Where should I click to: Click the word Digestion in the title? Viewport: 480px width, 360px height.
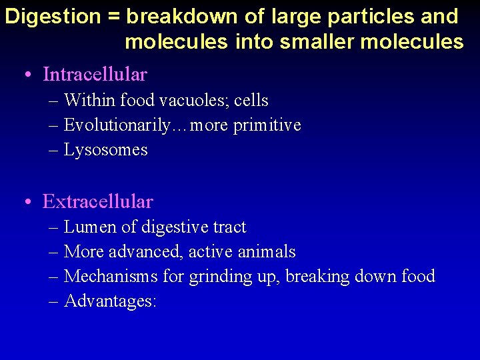click(x=51, y=17)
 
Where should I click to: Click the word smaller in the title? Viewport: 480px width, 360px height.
click(x=317, y=42)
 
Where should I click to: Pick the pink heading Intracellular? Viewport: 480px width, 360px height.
click(x=95, y=74)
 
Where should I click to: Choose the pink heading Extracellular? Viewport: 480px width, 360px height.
click(x=98, y=201)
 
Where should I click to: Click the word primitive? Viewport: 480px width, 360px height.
click(x=267, y=125)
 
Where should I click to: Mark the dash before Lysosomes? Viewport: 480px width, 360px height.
click(x=54, y=151)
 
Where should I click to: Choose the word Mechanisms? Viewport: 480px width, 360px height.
click(x=111, y=276)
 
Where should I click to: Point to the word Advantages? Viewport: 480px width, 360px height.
click(x=109, y=301)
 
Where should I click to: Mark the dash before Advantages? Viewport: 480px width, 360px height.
click(x=54, y=302)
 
